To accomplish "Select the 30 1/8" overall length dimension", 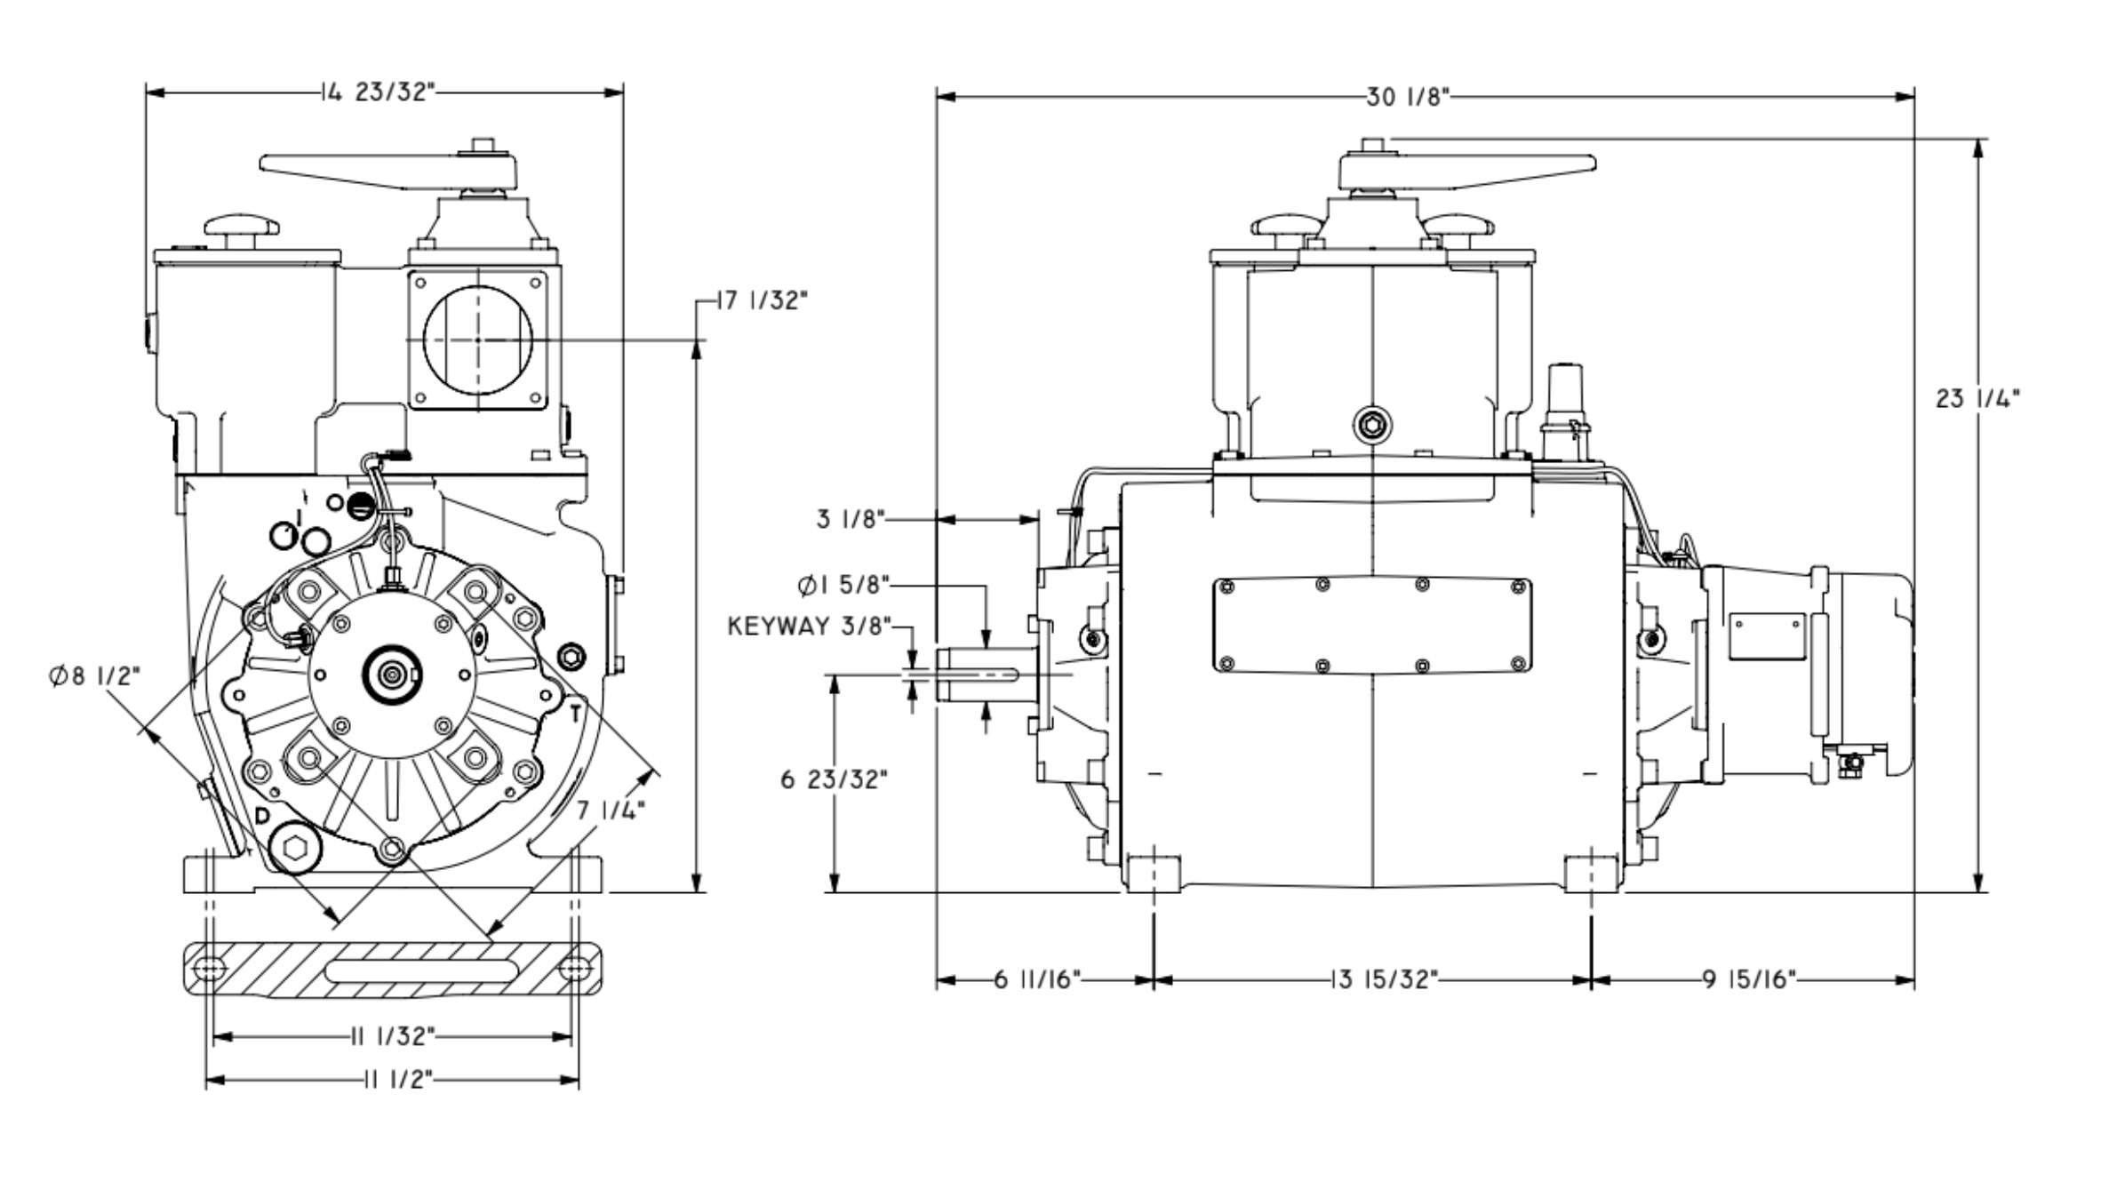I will pos(1408,97).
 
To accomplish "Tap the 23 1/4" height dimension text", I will pos(1977,399).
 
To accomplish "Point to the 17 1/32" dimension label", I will pos(762,301).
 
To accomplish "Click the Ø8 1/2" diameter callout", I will pos(94,676).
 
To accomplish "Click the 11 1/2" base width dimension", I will pos(397,1080).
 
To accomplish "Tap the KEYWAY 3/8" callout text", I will pos(809,627).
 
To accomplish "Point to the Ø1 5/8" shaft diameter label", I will pos(843,586).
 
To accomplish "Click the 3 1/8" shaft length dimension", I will pos(851,518).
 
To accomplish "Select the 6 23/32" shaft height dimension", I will pos(834,779).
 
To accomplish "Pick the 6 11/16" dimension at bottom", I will pos(1036,980).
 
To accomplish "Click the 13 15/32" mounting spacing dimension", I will pos(1384,980).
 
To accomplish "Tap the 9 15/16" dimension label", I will pos(1749,980).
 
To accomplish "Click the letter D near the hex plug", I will pos(262,816).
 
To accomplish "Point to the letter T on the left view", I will pos(576,713).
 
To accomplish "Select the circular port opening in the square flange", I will pos(478,339).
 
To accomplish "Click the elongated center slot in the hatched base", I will pos(422,970).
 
